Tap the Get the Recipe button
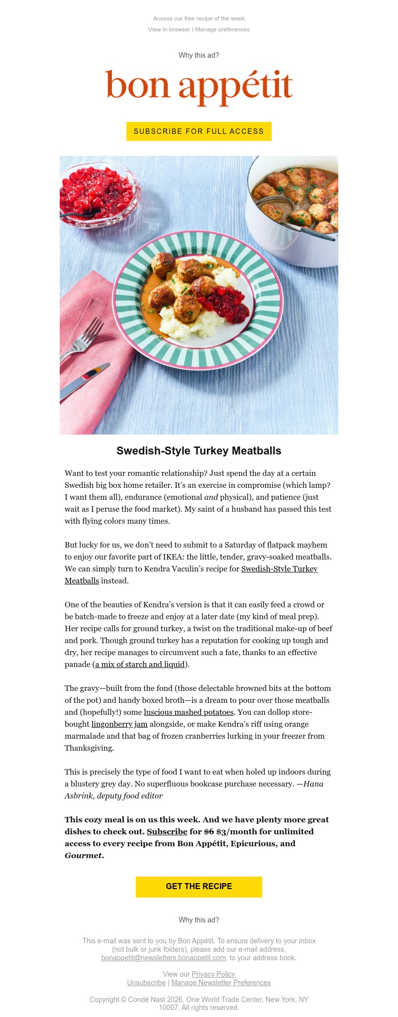pos(199,887)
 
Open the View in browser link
pos(169,29)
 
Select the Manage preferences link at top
pos(222,29)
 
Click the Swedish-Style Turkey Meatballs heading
pos(199,451)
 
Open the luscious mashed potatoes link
pos(189,712)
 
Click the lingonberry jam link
pos(119,724)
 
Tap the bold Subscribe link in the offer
pos(167,832)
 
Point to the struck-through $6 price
pos(208,832)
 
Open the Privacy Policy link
pos(213,974)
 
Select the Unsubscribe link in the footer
pos(146,983)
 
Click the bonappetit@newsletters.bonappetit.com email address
pos(164,958)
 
